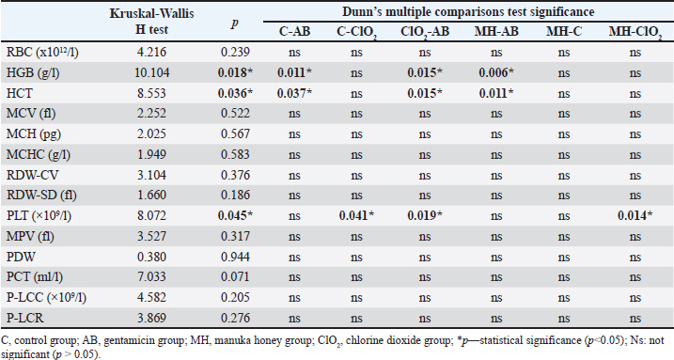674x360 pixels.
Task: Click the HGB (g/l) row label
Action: tap(33, 72)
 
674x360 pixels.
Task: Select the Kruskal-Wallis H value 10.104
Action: tap(151, 72)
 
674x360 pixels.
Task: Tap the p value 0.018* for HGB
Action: tap(235, 72)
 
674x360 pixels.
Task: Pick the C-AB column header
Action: tap(294, 31)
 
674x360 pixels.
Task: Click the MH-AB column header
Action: tap(496, 31)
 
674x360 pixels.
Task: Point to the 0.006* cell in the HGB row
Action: tap(496, 72)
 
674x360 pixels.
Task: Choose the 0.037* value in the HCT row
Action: tap(294, 93)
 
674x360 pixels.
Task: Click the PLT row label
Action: tap(39, 215)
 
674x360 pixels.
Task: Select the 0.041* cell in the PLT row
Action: tap(356, 215)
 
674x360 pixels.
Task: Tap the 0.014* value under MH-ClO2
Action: tap(635, 215)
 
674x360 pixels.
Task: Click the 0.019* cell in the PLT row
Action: tap(425, 215)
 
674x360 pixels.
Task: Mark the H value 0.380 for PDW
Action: tap(151, 257)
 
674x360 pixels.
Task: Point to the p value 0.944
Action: tap(235, 257)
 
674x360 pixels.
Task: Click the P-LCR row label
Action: tap(25, 318)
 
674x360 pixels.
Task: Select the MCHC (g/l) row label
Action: tap(39, 155)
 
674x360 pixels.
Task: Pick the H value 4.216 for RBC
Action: tap(151, 52)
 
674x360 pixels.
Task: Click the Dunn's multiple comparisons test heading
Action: tap(468, 11)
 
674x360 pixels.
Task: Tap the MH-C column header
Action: tap(564, 31)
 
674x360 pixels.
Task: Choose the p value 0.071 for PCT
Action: tap(235, 276)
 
